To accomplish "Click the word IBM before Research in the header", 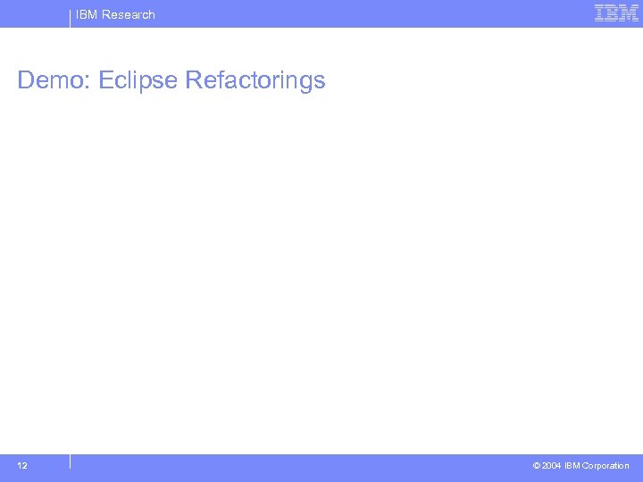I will tap(87, 14).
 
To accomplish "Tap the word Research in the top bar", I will tap(129, 14).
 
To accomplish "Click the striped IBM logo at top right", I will tap(616, 13).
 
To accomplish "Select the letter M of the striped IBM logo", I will tap(630, 13).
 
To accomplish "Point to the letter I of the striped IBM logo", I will tap(600, 13).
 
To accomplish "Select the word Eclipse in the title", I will tap(138, 80).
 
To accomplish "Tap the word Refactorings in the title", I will tap(255, 81).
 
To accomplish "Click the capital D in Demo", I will tap(26, 80).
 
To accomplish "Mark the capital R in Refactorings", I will tap(194, 80).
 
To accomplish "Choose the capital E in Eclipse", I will tap(107, 80).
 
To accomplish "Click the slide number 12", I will tap(21, 465).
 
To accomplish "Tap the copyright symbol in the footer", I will tap(537, 466).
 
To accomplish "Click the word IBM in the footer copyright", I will tap(573, 466).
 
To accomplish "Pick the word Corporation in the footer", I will tap(606, 466).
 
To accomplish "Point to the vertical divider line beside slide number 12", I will tap(70, 461).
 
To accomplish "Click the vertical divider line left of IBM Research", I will tap(70, 18).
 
